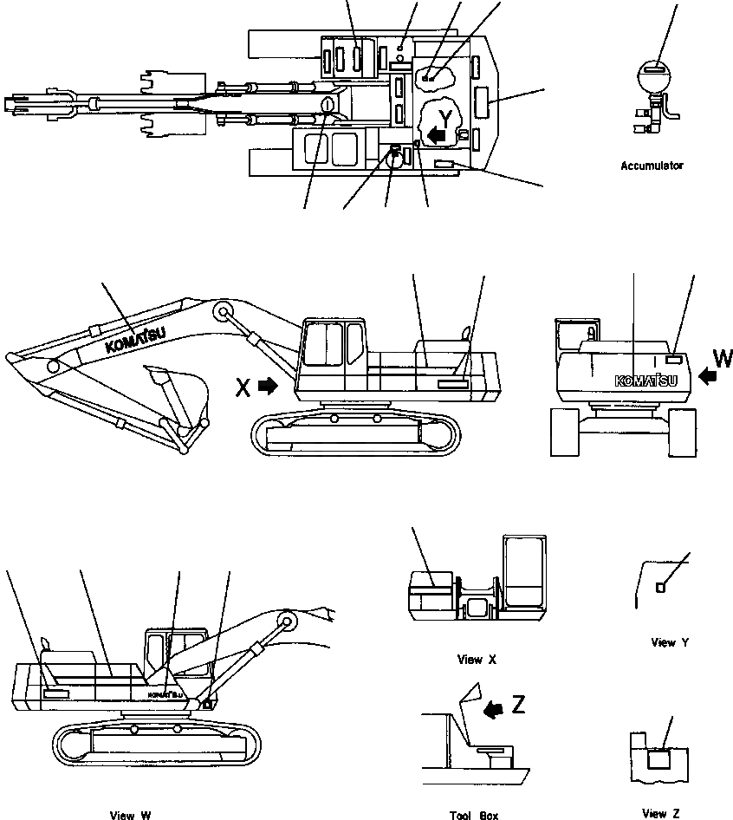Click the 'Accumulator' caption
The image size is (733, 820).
coord(652,165)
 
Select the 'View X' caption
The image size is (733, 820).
coord(477,660)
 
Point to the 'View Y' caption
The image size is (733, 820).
coord(670,642)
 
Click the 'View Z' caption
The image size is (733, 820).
coord(661,813)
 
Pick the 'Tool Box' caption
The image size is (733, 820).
coord(474,815)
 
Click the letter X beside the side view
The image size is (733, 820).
coord(244,387)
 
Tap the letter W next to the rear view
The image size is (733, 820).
coord(722,358)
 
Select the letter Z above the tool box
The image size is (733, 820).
coord(518,705)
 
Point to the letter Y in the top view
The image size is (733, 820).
coord(445,117)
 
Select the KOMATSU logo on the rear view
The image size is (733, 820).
coord(646,380)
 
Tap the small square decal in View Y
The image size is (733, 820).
coord(660,588)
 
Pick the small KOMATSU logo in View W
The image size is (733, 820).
coord(165,694)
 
